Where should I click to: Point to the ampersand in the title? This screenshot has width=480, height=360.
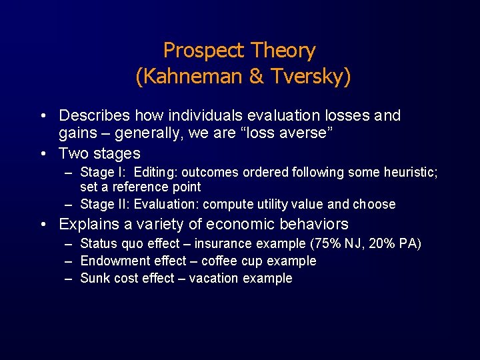[256, 77]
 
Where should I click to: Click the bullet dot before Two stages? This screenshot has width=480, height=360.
[43, 154]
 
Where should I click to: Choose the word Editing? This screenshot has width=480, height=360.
[155, 173]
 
